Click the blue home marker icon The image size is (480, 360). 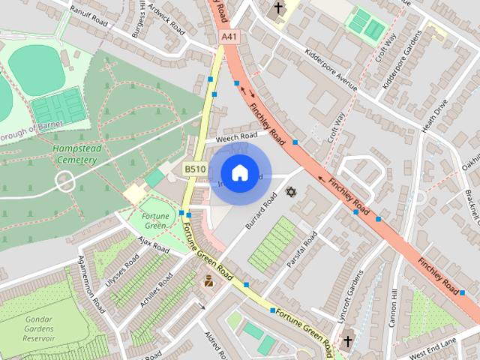click(x=238, y=172)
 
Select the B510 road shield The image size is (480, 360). click(x=195, y=170)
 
